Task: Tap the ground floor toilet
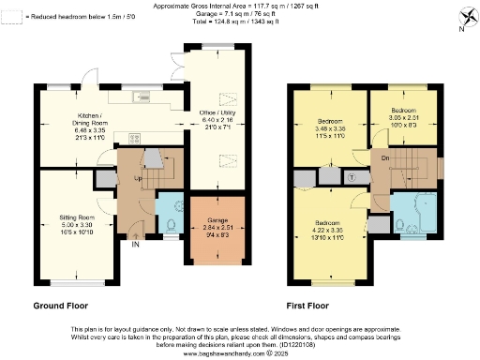[x=170, y=225]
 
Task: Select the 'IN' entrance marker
[x=135, y=246]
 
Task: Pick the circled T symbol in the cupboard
[x=352, y=176]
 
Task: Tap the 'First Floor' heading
[x=313, y=306]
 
